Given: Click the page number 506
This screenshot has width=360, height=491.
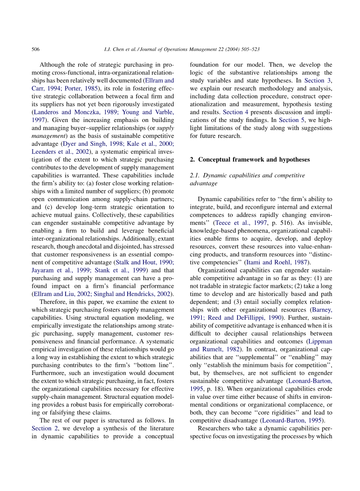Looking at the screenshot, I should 36,49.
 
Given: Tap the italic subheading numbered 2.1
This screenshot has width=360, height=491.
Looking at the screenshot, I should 247,179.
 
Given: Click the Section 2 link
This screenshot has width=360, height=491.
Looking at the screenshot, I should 42,428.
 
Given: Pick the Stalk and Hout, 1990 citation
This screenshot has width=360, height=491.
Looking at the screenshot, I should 143,262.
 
